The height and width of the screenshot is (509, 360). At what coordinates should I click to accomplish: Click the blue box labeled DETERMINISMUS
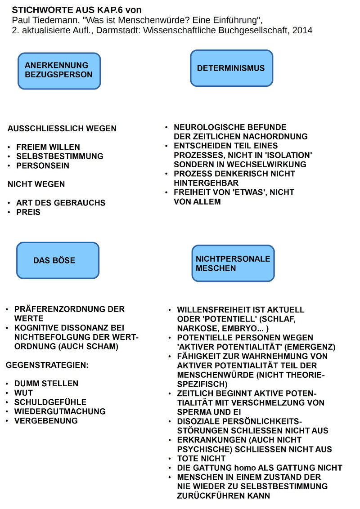click(231, 68)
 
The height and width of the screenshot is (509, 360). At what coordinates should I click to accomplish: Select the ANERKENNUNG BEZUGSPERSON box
click(59, 71)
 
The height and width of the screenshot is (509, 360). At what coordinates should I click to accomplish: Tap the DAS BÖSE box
click(58, 260)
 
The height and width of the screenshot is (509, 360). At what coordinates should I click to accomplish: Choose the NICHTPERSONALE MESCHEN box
click(233, 263)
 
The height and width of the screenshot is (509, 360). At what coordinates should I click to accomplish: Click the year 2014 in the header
click(303, 30)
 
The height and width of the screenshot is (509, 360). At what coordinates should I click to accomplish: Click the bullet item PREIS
click(28, 212)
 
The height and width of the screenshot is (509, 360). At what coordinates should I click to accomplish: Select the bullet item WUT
click(23, 393)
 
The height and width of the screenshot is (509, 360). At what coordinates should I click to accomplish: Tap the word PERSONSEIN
click(43, 165)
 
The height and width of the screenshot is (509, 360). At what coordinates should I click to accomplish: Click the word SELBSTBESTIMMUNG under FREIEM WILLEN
click(60, 156)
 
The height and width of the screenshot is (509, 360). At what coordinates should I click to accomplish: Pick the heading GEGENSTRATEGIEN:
click(47, 365)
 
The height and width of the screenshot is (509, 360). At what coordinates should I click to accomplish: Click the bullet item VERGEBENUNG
click(46, 421)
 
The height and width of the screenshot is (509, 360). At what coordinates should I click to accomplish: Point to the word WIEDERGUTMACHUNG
click(60, 411)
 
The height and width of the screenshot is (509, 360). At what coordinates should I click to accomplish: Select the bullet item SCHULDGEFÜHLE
click(50, 402)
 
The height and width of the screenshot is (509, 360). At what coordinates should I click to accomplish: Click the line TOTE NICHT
click(201, 459)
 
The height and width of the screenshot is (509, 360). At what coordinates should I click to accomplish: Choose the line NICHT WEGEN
click(36, 184)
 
